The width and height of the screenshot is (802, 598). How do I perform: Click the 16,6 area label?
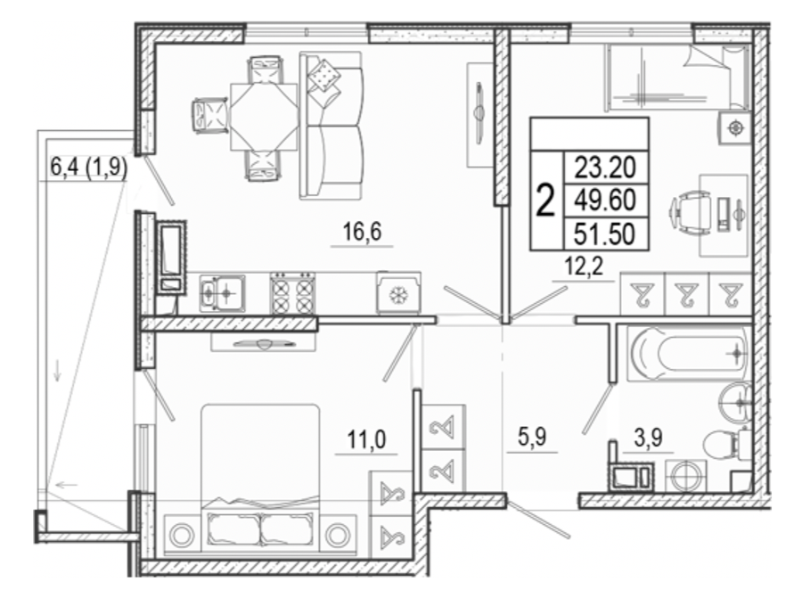coord(362,233)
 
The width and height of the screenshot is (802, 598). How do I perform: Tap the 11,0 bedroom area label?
coord(367,440)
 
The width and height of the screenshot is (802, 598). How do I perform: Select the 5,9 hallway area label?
coord(532,438)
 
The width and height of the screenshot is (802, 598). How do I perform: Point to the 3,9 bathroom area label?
coord(649,438)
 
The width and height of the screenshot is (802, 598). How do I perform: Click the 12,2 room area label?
coord(584,266)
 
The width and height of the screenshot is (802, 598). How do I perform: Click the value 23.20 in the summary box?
coord(605,168)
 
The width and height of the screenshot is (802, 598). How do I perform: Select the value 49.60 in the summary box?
coord(605,200)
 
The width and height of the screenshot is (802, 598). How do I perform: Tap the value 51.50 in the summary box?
coord(604,233)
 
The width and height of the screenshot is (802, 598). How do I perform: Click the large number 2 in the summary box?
coord(545,201)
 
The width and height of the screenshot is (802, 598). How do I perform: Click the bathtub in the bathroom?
coord(689,353)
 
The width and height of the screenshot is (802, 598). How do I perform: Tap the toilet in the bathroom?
coord(725,446)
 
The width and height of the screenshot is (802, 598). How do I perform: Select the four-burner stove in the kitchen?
coord(292,292)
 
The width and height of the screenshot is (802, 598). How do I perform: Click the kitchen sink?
coord(222,292)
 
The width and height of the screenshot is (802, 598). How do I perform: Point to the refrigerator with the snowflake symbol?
coord(398,293)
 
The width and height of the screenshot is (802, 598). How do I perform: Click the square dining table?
coord(264,117)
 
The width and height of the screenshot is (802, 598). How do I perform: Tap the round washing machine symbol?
coord(685,476)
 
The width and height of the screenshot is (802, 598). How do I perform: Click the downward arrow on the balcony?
coord(57,370)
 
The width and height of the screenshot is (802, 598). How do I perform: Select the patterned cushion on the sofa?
coord(323,75)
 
